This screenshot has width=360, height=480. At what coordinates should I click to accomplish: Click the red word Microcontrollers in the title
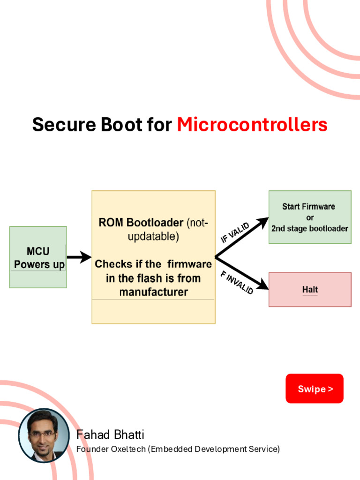pos(252,125)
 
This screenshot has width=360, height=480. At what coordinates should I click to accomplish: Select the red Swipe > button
pos(315,389)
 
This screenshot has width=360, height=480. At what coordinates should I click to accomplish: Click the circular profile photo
pos(44,435)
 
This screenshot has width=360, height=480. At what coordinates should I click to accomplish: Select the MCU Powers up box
pos(38,257)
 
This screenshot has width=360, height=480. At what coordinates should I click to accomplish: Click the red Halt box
pos(310,290)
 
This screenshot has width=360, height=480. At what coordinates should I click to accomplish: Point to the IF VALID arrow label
pos(235,232)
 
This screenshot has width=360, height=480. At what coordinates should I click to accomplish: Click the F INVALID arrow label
pos(237,282)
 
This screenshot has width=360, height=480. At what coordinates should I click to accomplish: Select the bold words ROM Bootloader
pos(141,223)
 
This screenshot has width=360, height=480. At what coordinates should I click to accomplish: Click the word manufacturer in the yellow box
pos(153,292)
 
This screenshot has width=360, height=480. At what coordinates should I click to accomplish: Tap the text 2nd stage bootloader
pos(310,229)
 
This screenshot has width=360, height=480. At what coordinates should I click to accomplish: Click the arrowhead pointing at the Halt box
pos(263,287)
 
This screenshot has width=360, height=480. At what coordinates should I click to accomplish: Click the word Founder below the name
pos(92,449)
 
